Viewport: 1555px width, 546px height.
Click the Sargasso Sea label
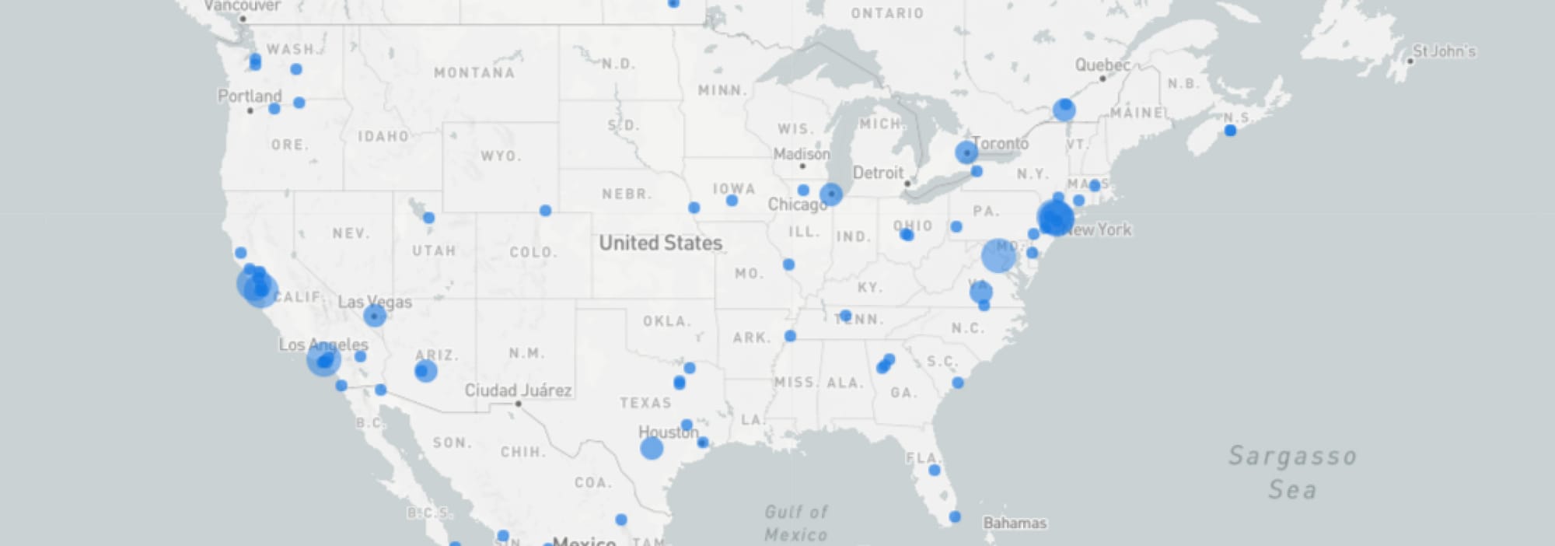tap(1292, 472)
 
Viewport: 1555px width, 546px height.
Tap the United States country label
tap(660, 243)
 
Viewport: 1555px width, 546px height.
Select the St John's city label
tap(1443, 51)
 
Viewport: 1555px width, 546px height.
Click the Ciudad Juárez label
tap(518, 390)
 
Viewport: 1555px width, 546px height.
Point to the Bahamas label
tap(1015, 523)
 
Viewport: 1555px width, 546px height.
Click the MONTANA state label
tap(474, 73)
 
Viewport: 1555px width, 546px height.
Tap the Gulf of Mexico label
tap(796, 523)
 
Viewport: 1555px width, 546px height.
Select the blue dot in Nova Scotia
tap(1230, 131)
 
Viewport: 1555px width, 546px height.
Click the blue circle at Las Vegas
tap(375, 316)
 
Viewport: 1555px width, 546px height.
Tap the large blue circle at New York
tap(1055, 217)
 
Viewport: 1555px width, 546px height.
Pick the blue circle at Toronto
tap(966, 152)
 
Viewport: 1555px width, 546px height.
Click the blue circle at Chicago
tap(831, 194)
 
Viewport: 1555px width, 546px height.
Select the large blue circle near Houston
tap(652, 448)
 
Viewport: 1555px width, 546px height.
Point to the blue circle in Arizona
tap(425, 371)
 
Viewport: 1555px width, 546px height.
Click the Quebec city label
tap(1102, 65)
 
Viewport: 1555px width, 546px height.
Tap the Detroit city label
tap(878, 173)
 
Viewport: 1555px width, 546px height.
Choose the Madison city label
tap(802, 154)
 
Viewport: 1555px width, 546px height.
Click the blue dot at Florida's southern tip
tap(955, 517)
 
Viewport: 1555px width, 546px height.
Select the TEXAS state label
tap(645, 403)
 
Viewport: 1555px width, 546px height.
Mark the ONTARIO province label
tap(887, 13)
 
